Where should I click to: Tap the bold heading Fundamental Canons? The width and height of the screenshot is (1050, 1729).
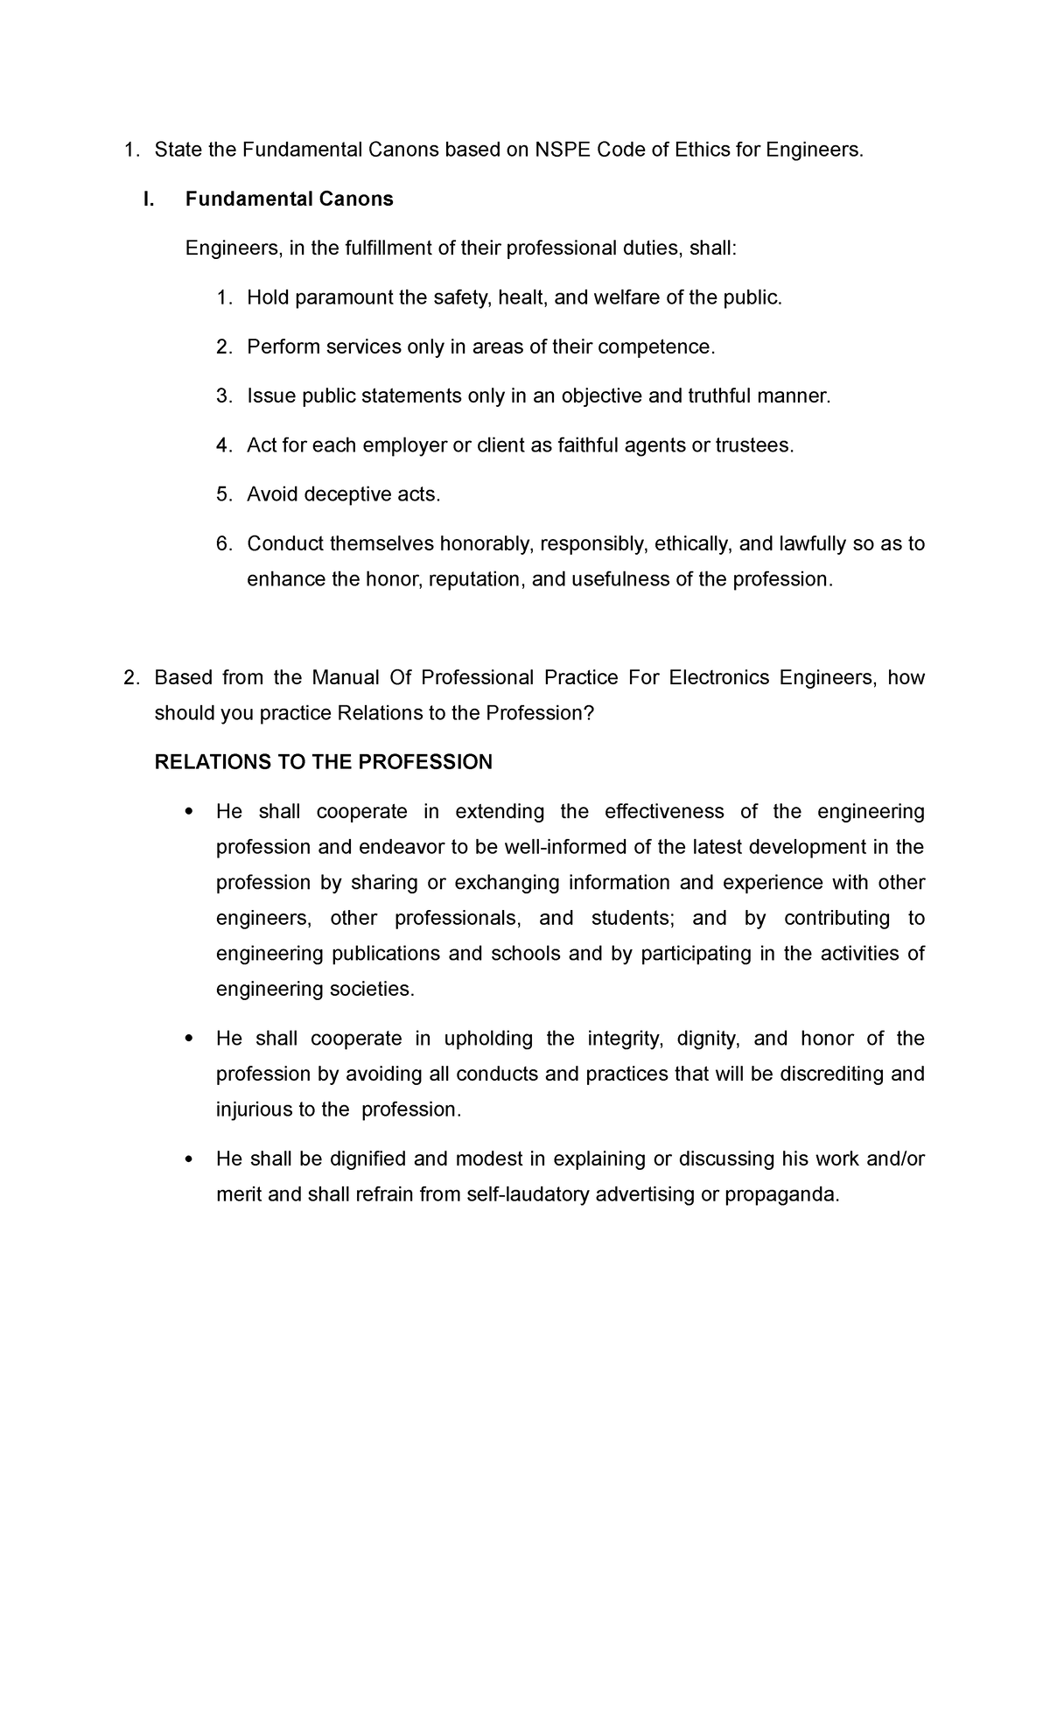click(x=289, y=199)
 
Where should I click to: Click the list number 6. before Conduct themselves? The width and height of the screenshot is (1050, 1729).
click(x=224, y=544)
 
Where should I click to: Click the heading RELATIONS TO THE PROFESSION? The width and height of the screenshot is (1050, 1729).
click(x=323, y=762)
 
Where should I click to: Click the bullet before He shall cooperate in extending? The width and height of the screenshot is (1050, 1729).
click(x=189, y=812)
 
